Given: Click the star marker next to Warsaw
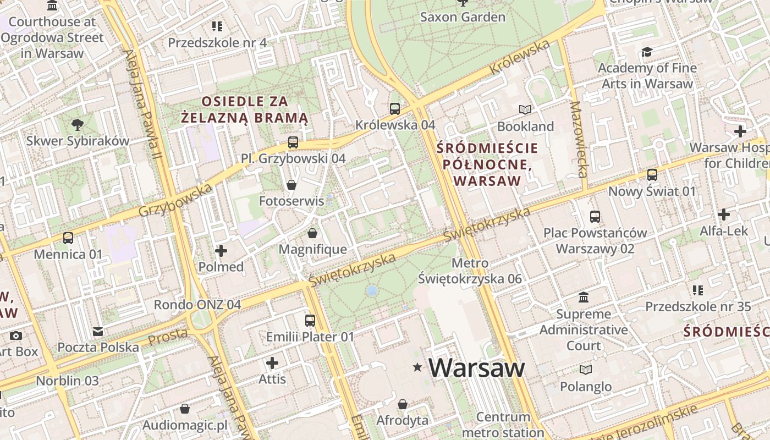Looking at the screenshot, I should pos(417,367).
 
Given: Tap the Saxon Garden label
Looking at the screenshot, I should pos(462,17).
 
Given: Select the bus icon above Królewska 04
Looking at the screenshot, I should pos(394,108).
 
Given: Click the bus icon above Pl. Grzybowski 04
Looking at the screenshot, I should pos(293,142).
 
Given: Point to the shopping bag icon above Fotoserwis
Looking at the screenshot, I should pos(291,185).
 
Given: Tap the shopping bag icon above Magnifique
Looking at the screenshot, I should pos(312,233).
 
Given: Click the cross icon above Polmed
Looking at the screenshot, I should pos(221,251).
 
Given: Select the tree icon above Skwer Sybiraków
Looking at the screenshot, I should pos(78,124).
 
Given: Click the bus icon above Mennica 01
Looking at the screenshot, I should pos(68,238).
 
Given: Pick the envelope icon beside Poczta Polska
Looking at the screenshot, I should pos(98,332).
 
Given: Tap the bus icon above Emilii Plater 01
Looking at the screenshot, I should pos(310,320).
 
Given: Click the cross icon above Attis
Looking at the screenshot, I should pos(272,363).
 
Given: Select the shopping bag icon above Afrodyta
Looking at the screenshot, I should pos(403,405).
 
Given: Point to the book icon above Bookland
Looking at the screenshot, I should pos(525,110).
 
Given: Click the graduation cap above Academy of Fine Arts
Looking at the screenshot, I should pos(647,52).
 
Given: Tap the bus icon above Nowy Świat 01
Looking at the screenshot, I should pos(652,175).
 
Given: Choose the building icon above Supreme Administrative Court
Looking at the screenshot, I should pos(584,298).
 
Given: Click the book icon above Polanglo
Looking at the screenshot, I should pos(586,370).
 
